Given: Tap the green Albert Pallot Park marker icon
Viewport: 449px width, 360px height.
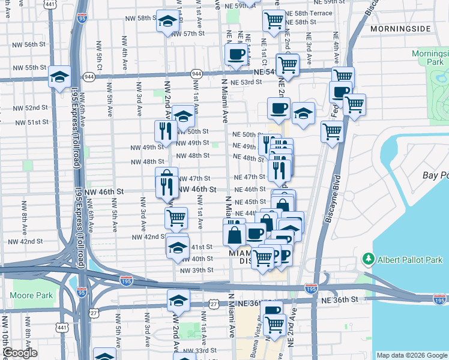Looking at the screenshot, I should (368, 260).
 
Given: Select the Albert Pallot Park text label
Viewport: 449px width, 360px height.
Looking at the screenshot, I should (410, 260).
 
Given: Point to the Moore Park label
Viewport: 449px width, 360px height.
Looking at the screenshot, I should (31, 295).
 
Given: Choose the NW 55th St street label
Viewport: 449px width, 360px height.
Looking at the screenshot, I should (28, 68).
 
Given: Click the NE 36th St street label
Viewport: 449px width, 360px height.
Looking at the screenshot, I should (339, 299).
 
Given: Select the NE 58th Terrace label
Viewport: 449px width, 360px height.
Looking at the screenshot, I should (309, 13).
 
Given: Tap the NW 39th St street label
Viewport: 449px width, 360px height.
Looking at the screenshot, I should (196, 270).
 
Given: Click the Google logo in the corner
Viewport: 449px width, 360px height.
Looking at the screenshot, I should (20, 353).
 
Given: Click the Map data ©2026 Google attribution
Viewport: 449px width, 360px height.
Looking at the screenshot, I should (412, 355).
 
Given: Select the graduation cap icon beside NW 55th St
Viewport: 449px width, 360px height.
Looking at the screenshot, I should (60, 76).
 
